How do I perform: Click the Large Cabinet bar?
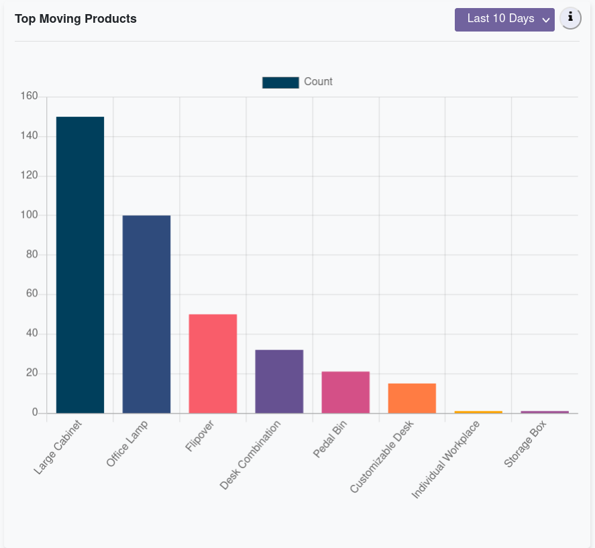pyautogui.click(x=80, y=265)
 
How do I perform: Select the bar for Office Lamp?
pyautogui.click(x=146, y=314)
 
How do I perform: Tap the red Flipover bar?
pyautogui.click(x=213, y=364)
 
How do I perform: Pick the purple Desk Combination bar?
pyautogui.click(x=279, y=381)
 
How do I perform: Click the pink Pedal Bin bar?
pyautogui.click(x=345, y=392)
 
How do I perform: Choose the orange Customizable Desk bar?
pyautogui.click(x=412, y=398)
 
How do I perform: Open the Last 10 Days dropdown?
pyautogui.click(x=504, y=19)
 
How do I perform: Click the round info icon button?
pyautogui.click(x=570, y=19)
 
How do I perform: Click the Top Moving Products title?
pyautogui.click(x=76, y=19)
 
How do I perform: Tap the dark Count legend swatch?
pyautogui.click(x=280, y=82)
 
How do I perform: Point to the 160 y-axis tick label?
pyautogui.click(x=29, y=97)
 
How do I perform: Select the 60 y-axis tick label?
pyautogui.click(x=32, y=294)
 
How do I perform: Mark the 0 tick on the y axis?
pyautogui.click(x=34, y=413)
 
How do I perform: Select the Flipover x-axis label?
pyautogui.click(x=201, y=437)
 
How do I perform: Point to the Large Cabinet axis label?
pyautogui.click(x=58, y=447)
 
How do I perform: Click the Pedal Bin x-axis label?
pyautogui.click(x=330, y=440)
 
